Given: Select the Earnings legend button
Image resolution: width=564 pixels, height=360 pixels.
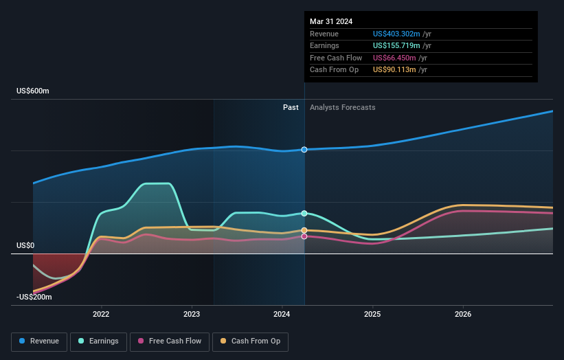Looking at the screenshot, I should pos(98,341).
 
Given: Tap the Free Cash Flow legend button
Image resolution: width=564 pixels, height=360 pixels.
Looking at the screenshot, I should pos(169,341).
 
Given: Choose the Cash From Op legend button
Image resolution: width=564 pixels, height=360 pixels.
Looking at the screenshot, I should pos(251,341).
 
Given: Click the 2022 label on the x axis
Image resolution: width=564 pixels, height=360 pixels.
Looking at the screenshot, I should pos(101,315).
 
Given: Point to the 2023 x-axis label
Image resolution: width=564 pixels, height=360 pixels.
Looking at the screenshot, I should pos(192,315).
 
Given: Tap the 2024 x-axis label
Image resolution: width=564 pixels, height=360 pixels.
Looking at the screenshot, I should pos(282,315).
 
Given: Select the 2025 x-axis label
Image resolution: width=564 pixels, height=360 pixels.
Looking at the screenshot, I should pos(372,315).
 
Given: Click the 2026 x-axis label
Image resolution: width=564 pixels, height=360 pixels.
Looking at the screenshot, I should pos(463,315).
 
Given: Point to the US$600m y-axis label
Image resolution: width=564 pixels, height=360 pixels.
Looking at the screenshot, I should pos(33,91).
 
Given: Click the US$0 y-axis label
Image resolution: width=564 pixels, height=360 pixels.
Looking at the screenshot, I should pos(26,245).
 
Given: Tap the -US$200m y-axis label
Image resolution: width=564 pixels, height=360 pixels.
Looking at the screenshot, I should pos(34,297).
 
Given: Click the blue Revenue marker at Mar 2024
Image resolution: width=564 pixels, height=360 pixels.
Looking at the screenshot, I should pos(304,149).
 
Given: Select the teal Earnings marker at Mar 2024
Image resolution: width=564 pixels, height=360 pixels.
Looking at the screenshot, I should pos(304,214).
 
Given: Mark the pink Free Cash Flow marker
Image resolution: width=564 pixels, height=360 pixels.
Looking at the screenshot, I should pos(304,236).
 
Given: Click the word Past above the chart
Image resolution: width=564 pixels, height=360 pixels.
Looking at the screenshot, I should pos(291,107).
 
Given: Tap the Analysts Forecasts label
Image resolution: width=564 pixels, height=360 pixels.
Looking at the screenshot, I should pos(343,107).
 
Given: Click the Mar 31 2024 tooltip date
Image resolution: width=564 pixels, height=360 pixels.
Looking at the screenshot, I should pos(331,21).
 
